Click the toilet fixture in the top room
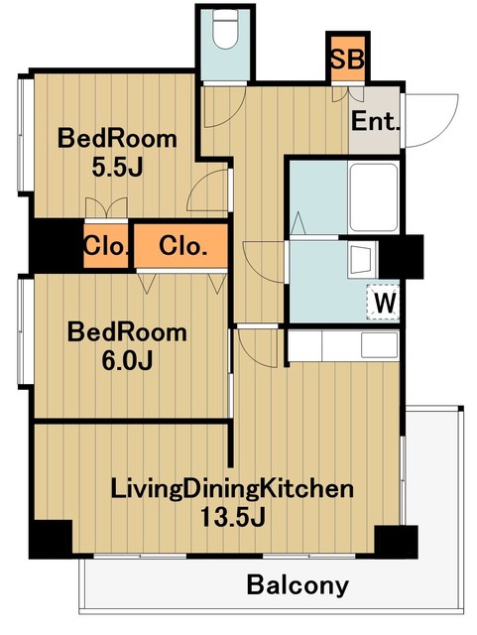(225, 29)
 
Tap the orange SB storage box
(348, 59)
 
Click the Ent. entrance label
(375, 121)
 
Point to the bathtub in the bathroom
(373, 197)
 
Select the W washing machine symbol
(383, 302)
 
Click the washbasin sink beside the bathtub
(361, 260)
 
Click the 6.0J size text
(127, 360)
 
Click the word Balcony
(298, 585)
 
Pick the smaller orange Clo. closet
(106, 246)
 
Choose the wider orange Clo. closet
(180, 246)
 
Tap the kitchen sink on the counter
(379, 345)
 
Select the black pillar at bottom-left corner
(51, 539)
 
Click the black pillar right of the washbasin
(401, 256)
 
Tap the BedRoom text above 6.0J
(127, 332)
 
